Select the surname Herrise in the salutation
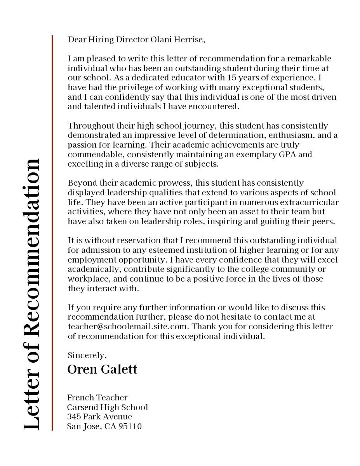click(x=188, y=40)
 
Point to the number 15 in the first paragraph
click(x=232, y=78)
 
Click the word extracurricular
click(x=309, y=202)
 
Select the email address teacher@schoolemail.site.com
click(x=129, y=327)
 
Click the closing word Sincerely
click(x=87, y=355)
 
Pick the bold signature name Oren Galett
click(x=102, y=369)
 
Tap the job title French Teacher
click(x=97, y=398)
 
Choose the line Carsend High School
click(x=107, y=407)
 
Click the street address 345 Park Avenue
click(x=99, y=417)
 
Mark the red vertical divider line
click(x=52, y=233)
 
